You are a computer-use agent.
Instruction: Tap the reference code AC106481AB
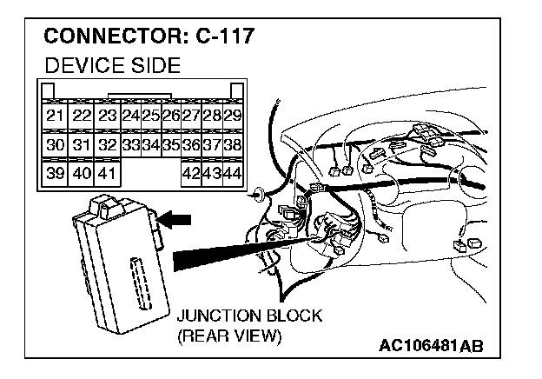[430, 345]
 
